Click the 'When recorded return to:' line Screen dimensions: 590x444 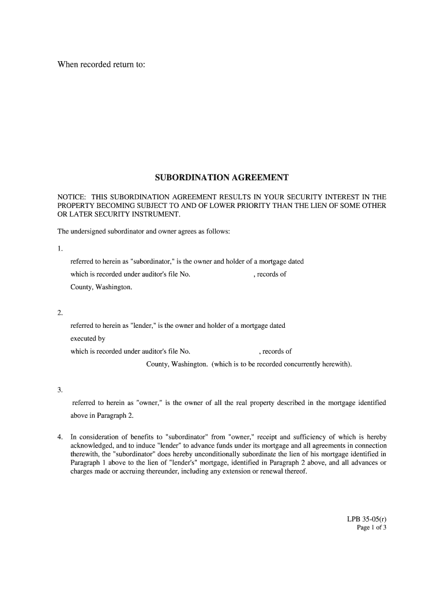pos(101,64)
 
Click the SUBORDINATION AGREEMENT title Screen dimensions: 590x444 pos(221,177)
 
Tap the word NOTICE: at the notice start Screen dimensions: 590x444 pos(71,197)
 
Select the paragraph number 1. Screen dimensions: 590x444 pos(59,249)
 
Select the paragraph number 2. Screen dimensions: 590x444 pos(59,313)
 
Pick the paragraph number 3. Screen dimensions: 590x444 pos(59,390)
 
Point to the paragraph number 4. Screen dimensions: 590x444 pos(59,437)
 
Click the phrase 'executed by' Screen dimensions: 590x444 pos(88,339)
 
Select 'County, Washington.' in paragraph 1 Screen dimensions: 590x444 pos(101,287)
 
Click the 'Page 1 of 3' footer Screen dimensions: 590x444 pos(371,527)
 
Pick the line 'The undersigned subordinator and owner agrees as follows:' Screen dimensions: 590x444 pos(144,232)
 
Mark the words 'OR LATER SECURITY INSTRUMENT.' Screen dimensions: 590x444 pos(119,214)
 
